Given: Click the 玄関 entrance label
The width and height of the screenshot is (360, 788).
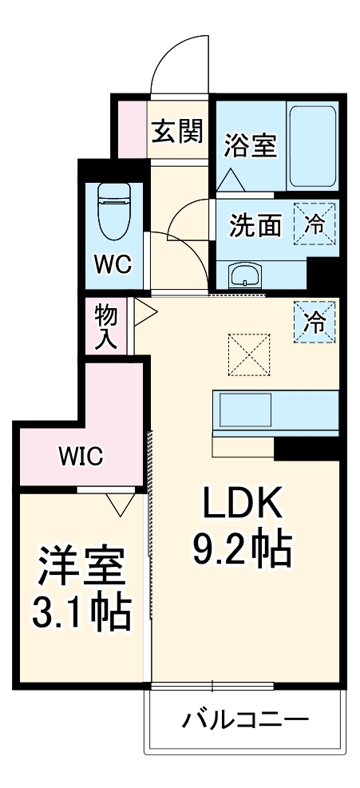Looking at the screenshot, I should click(177, 129).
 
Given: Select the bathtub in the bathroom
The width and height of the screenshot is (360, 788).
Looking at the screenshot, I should click(311, 145).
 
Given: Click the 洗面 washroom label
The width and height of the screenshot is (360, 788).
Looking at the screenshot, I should click(255, 226).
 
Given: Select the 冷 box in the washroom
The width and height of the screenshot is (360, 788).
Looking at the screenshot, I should click(315, 224).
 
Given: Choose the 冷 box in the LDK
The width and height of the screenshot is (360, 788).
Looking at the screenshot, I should click(315, 321).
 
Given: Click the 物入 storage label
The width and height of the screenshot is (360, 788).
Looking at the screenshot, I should click(106, 326).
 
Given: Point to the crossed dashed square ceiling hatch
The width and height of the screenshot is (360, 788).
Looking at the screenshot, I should click(249, 354).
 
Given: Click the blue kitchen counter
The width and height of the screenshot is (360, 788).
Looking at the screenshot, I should click(276, 410).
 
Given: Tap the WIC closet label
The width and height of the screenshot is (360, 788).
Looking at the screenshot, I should click(80, 456).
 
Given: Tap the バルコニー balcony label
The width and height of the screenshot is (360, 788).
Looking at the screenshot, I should click(244, 721).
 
